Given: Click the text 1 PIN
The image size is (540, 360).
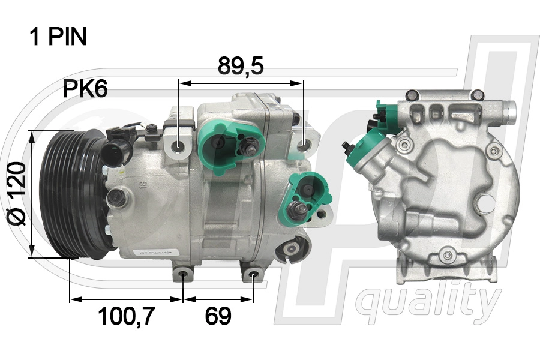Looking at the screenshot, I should (58, 37).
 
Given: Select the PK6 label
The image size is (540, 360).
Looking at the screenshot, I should (85, 89).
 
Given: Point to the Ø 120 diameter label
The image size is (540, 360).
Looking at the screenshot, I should (18, 193).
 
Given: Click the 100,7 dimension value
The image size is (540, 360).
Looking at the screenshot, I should (127, 316).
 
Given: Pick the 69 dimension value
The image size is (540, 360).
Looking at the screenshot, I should (218, 316).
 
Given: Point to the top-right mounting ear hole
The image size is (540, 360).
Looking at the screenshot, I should (304, 145).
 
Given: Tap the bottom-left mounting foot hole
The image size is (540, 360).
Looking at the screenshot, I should (183, 277).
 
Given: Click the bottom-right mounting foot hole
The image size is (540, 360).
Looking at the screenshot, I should (254, 277).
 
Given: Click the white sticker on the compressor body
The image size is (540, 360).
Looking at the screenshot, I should (156, 253).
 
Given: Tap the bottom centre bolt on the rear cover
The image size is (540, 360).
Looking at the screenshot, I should (446, 257).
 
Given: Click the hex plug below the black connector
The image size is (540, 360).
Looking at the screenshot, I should (119, 197).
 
